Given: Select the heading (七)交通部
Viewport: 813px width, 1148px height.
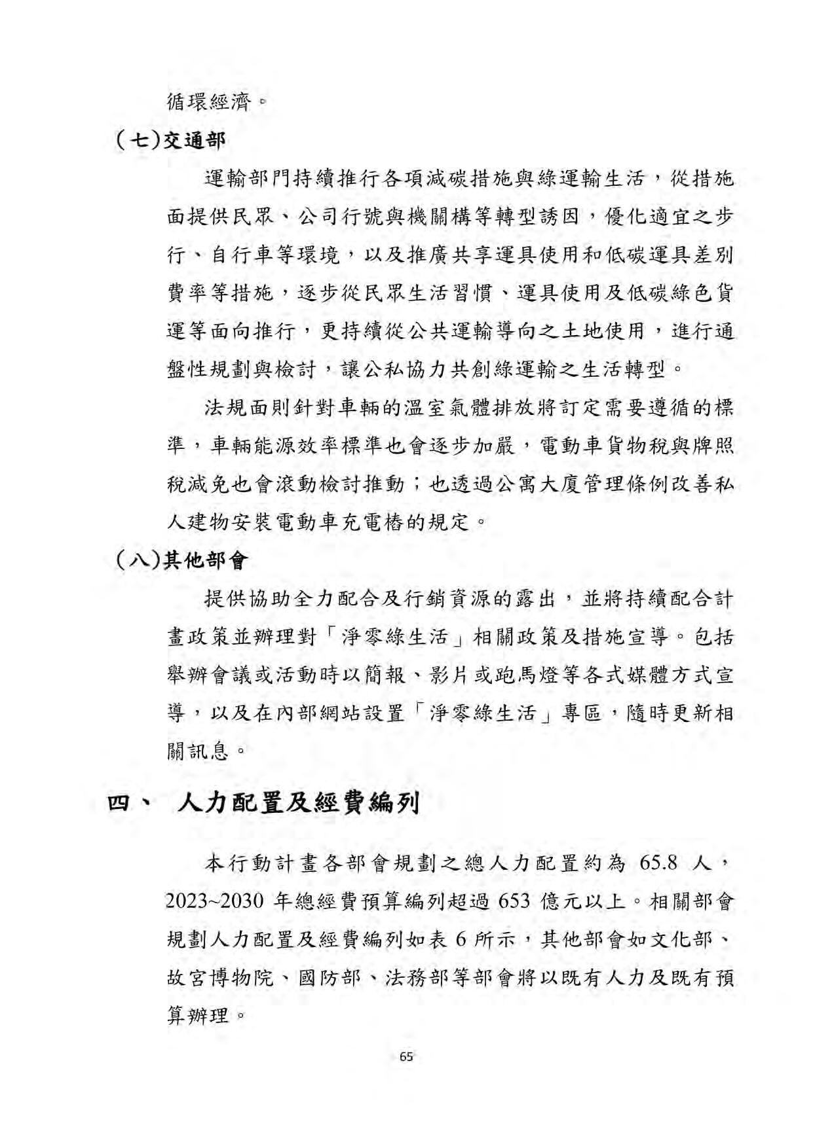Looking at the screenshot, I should point(170,140).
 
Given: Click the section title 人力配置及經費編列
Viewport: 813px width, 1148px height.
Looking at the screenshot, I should point(299,802).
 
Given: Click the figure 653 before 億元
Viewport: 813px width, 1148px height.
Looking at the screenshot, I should point(514,901).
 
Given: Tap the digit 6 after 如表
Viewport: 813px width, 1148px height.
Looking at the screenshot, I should point(460,940).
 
